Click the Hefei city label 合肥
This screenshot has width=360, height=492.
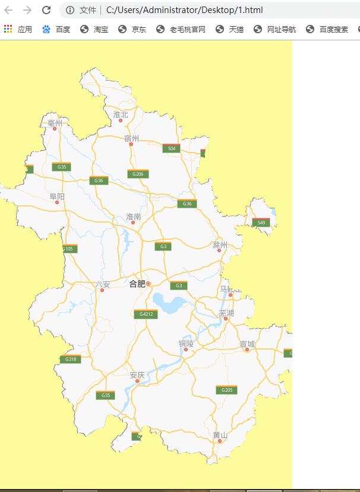point(137,284)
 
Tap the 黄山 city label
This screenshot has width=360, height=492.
point(220,435)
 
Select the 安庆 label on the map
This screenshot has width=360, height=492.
point(137,375)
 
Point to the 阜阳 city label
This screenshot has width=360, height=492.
point(57,196)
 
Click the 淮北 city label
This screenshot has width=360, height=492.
point(121,114)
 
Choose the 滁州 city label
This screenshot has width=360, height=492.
point(220,245)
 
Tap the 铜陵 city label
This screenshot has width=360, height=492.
point(186,343)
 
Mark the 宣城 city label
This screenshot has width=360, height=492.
point(247,344)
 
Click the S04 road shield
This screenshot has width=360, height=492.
point(171,148)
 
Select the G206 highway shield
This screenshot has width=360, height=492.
point(138,174)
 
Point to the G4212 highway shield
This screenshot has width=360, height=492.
point(146,315)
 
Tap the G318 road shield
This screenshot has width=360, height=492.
point(70,359)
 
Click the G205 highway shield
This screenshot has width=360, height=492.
point(226,390)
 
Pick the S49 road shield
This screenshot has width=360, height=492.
point(261,223)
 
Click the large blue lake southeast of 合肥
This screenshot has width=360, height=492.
point(169,303)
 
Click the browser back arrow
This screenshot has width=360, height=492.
point(8,10)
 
